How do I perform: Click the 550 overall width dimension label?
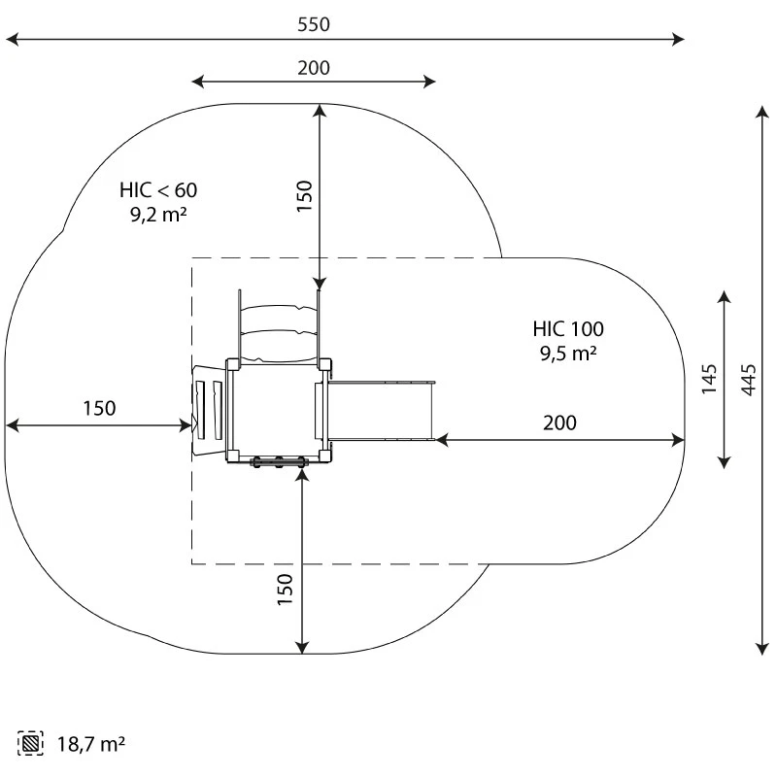314,24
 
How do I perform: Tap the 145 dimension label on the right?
709,379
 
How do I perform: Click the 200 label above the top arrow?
314,67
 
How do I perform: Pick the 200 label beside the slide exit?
559,422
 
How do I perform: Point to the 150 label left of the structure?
98,408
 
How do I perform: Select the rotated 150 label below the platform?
285,590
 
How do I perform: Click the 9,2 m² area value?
158,215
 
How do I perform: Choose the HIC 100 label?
568,328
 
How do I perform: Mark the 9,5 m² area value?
568,354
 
